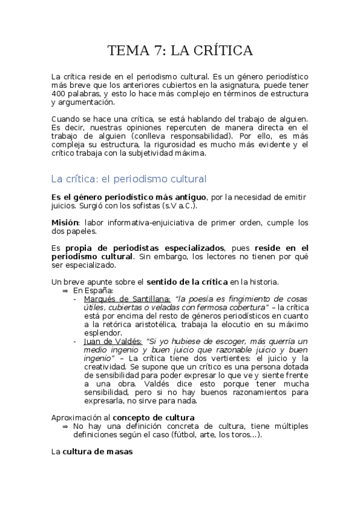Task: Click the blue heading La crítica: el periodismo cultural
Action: tap(129, 179)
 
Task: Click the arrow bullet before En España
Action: tap(66, 290)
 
